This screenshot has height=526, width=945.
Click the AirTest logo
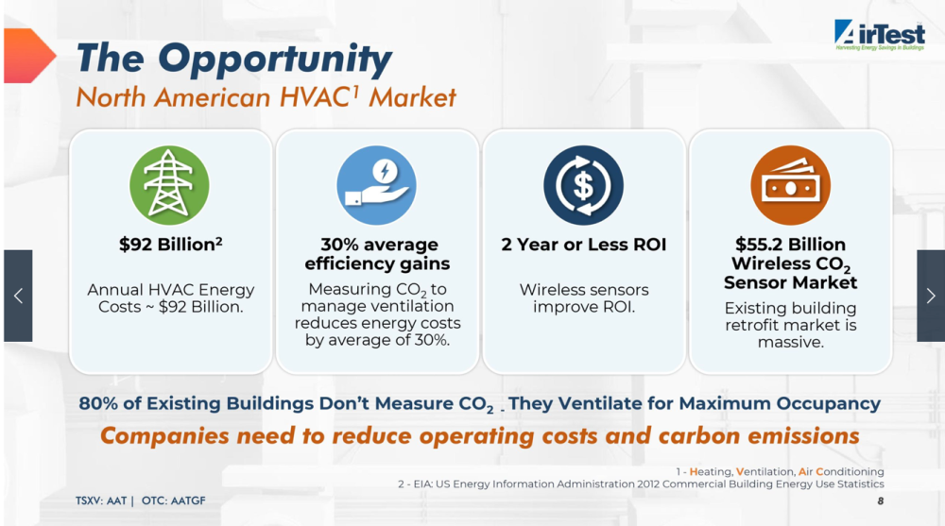pos(879,35)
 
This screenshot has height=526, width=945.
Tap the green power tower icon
pos(169,185)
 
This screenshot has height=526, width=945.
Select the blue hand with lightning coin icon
pos(377,185)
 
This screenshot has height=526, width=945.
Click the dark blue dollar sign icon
pos(583,185)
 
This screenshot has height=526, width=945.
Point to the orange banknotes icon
pos(790,185)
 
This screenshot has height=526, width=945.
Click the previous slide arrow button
pos(18,296)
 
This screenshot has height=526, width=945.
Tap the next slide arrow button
pos(931,296)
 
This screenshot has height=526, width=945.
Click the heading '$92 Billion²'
pos(170,244)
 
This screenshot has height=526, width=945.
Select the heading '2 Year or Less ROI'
pos(583,244)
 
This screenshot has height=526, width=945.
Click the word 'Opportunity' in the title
pos(275,59)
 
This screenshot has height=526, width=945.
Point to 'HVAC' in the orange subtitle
pos(315,97)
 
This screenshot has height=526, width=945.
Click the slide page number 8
pos(881,501)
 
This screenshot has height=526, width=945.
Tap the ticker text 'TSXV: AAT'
pos(101,501)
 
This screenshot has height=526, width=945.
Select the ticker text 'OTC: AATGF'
pos(174,501)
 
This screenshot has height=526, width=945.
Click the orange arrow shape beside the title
pos(29,56)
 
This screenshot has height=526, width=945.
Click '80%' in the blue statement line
pos(98,403)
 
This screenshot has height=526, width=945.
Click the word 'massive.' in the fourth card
pos(790,342)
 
